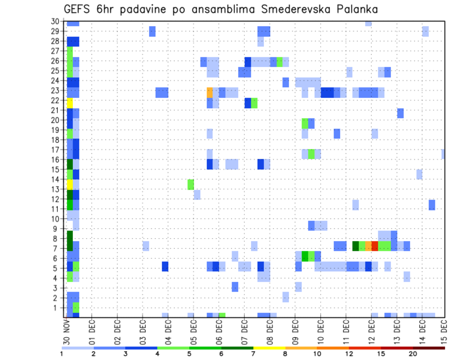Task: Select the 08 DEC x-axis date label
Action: [x=269, y=330]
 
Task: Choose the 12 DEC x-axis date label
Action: [x=371, y=330]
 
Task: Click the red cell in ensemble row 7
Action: [x=375, y=246]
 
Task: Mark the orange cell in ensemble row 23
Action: [x=210, y=92]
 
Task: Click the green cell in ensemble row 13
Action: [x=191, y=184]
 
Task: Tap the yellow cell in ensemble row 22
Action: [x=69, y=103]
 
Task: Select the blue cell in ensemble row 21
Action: [x=400, y=113]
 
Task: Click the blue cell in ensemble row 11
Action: [x=432, y=205]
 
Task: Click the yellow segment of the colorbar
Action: [x=269, y=348]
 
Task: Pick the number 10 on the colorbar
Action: [x=317, y=354]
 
